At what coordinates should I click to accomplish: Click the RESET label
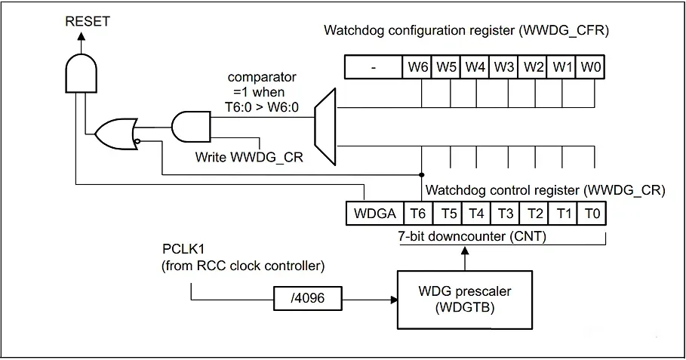(87, 21)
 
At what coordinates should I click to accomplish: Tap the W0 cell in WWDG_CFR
(591, 67)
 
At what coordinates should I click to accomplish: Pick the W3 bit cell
(503, 67)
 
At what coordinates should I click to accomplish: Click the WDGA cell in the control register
(374, 214)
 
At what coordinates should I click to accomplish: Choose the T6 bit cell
(418, 214)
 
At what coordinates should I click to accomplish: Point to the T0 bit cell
(592, 214)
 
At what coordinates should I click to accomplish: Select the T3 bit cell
(505, 214)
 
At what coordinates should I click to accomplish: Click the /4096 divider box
(308, 298)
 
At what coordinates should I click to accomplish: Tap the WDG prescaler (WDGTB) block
(465, 300)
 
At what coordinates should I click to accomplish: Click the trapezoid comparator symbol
(325, 127)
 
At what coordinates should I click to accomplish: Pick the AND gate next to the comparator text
(191, 127)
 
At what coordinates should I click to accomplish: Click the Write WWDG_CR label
(249, 157)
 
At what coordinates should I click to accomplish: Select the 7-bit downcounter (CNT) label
(472, 236)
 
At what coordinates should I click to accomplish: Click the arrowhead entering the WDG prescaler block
(394, 300)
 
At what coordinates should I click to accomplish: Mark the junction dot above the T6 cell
(422, 174)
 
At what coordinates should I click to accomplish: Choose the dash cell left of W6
(374, 67)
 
